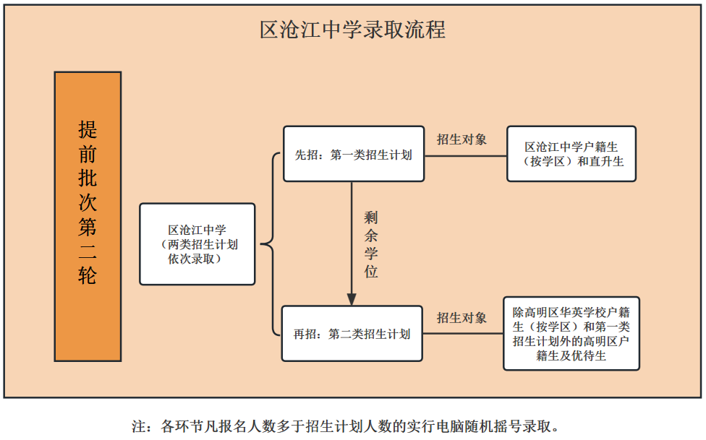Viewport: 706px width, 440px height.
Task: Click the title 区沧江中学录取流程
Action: pyautogui.click(x=352, y=30)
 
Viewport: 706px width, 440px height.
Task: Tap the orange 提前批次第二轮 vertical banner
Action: pyautogui.click(x=88, y=217)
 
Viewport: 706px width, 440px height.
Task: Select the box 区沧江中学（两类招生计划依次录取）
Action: pyautogui.click(x=197, y=244)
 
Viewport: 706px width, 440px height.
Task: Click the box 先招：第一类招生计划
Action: pyautogui.click(x=354, y=154)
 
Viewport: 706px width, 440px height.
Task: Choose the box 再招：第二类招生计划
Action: pyautogui.click(x=352, y=334)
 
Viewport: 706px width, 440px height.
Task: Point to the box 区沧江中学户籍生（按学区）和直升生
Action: pyautogui.click(x=571, y=154)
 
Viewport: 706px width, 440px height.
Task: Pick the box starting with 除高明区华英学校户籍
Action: pyautogui.click(x=571, y=333)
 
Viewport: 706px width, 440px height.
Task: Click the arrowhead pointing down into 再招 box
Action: pyautogui.click(x=352, y=300)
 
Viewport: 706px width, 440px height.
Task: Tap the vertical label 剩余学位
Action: pyautogui.click(x=371, y=244)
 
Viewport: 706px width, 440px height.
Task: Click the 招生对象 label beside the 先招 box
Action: pyautogui.click(x=462, y=139)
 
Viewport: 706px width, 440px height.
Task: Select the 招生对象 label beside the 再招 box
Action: pyautogui.click(x=462, y=318)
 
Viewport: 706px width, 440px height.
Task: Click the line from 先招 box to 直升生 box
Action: pyautogui.click(x=466, y=156)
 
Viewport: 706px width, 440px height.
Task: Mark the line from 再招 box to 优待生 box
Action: pyautogui.click(x=463, y=334)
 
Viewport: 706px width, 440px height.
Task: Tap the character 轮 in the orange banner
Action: pyautogui.click(x=88, y=275)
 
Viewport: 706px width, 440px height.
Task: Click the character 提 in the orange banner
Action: pyautogui.click(x=88, y=130)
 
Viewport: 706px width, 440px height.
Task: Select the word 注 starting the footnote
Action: pyautogui.click(x=139, y=426)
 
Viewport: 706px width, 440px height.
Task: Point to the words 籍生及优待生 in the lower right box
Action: pyautogui.click(x=571, y=356)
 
